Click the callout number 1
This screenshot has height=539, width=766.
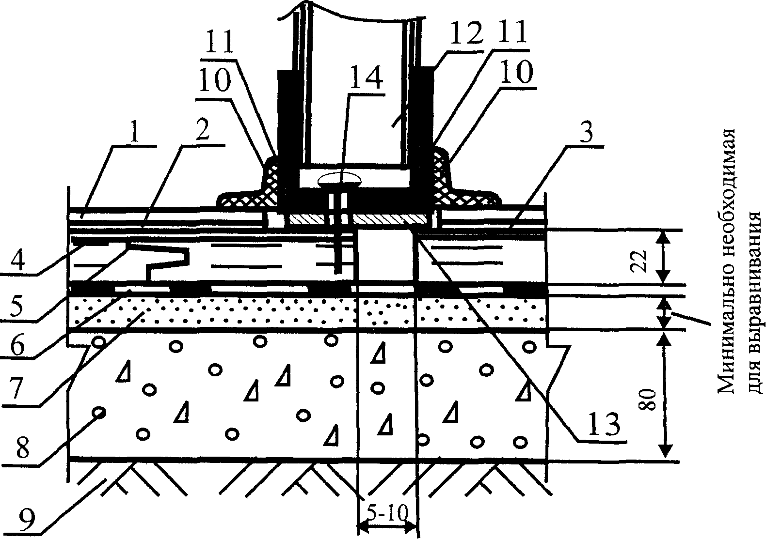tap(134, 132)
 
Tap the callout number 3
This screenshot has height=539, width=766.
tap(586, 132)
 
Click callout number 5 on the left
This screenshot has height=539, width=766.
tap(16, 306)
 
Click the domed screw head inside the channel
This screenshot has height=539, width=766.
tap(339, 180)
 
